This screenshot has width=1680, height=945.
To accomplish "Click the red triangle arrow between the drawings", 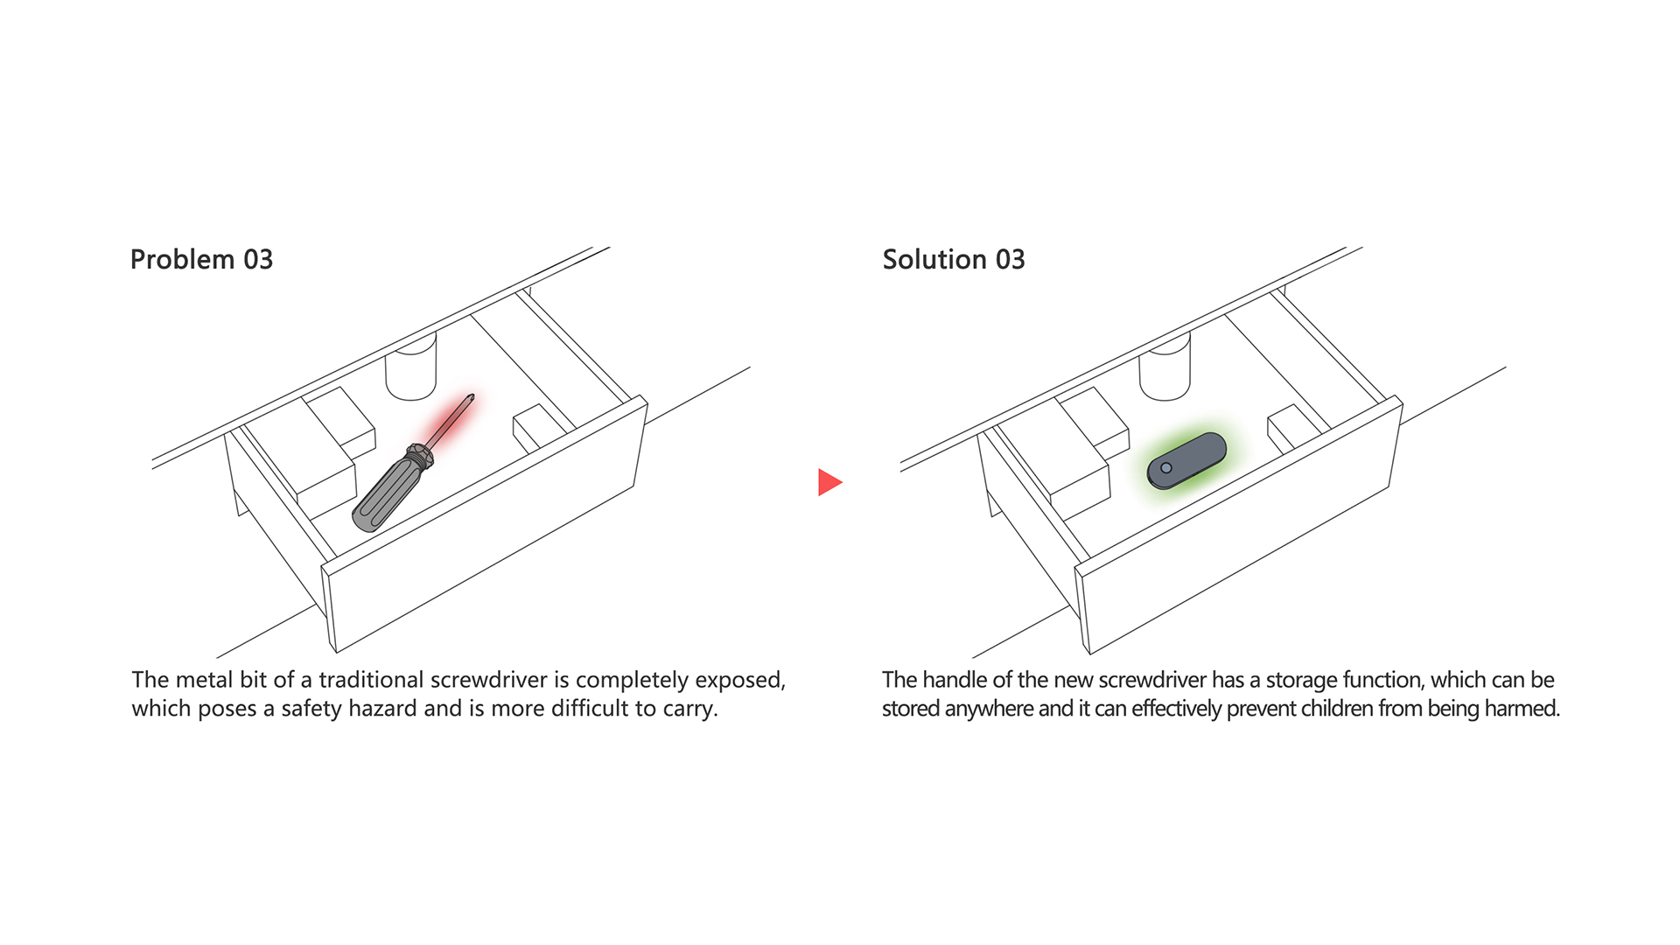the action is [829, 482].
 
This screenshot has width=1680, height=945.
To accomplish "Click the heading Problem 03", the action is [201, 260].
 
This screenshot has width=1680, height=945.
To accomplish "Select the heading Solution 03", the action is [954, 260].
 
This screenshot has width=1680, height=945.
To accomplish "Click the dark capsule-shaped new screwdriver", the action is [1186, 460].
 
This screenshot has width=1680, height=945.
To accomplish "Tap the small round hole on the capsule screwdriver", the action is [1165, 468].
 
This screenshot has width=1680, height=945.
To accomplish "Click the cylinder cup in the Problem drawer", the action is [411, 366].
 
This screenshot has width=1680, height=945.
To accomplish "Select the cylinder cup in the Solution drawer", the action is [1165, 366].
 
